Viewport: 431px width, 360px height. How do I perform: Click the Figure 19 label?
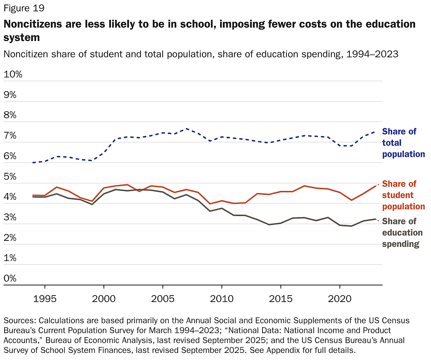(x=24, y=8)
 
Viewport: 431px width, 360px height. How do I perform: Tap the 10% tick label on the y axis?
(x=13, y=74)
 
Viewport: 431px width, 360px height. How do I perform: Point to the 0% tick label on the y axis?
(x=10, y=278)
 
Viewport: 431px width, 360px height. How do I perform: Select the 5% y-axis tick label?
(x=10, y=176)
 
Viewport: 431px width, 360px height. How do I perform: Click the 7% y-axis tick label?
(x=10, y=135)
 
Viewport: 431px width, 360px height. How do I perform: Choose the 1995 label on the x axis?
(x=45, y=299)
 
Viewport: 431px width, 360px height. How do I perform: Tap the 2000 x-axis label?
(x=104, y=299)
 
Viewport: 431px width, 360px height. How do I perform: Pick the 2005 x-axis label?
(x=163, y=299)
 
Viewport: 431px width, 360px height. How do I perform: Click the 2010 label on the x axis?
(x=222, y=299)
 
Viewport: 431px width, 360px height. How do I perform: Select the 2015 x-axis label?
(x=281, y=299)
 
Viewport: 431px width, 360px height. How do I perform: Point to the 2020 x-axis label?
(x=340, y=299)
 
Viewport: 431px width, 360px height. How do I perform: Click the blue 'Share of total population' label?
(x=403, y=143)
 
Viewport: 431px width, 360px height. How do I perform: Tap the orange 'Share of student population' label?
(x=403, y=195)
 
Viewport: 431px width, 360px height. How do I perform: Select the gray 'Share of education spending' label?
(x=402, y=233)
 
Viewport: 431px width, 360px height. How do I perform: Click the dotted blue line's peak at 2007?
(x=187, y=129)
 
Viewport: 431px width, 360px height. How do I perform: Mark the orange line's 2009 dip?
(x=210, y=204)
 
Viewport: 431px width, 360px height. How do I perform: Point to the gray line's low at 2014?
(x=269, y=225)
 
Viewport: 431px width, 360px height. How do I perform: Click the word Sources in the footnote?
(x=19, y=321)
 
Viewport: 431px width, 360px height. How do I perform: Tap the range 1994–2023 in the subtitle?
(x=372, y=54)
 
